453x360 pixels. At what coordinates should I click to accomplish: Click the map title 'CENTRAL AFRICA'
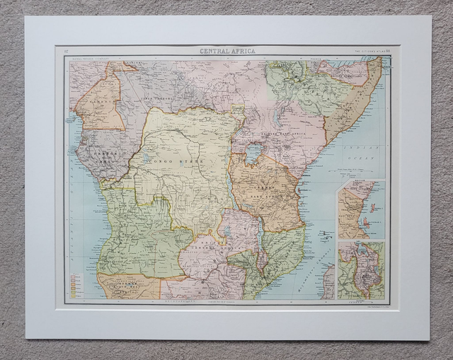click(226, 51)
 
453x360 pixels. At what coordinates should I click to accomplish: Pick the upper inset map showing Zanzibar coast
click(361, 209)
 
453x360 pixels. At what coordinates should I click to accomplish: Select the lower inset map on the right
click(361, 270)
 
